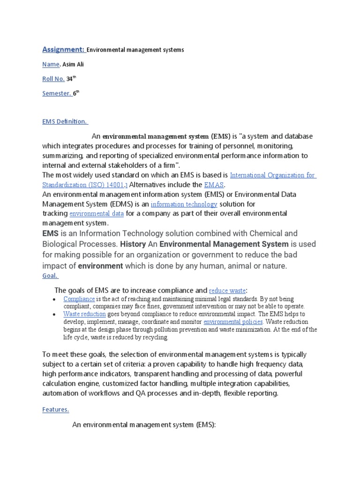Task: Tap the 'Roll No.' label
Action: click(53, 79)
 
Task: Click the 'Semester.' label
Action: click(57, 93)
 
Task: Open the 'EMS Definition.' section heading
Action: click(65, 121)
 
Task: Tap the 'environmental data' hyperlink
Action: click(97, 213)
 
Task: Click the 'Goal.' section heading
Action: click(50, 276)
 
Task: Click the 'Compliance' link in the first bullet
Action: click(79, 299)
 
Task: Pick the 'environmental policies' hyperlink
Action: click(233, 322)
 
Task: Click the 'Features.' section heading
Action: click(56, 409)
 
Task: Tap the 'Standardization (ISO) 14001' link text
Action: click(84, 185)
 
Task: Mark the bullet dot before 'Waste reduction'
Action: click(55, 315)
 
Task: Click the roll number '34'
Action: click(69, 79)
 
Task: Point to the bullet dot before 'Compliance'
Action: click(55, 300)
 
